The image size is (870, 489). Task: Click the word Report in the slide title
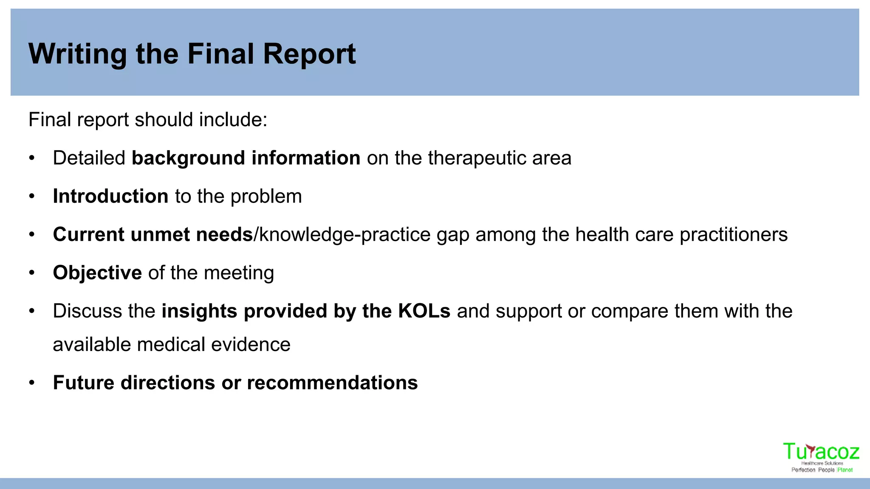tap(309, 54)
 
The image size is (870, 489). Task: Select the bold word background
tap(188, 158)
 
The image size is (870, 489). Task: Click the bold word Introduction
tap(110, 197)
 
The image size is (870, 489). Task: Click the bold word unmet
tap(160, 235)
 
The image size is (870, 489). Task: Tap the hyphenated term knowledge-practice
tap(345, 235)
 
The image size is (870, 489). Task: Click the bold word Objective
tap(97, 273)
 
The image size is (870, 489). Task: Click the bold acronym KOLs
tap(424, 311)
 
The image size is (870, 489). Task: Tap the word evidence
tap(251, 345)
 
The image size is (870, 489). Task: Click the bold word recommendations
tap(332, 383)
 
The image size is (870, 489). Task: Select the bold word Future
tap(83, 383)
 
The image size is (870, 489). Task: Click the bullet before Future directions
tap(32, 383)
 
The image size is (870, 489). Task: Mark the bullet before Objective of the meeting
tap(32, 273)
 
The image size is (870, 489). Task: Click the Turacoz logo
tap(821, 457)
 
